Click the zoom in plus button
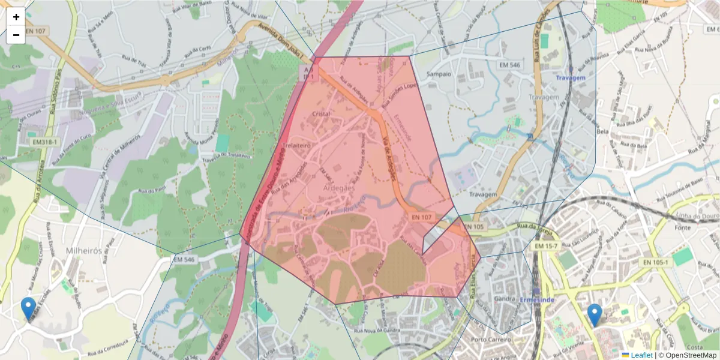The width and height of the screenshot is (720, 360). (x=16, y=17)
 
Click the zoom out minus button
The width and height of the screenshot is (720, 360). (x=16, y=35)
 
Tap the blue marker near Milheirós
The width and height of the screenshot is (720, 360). (x=28, y=308)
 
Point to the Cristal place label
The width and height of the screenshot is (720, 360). (x=322, y=113)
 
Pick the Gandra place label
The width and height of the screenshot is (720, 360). (x=505, y=298)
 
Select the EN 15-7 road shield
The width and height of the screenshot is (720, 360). (x=547, y=246)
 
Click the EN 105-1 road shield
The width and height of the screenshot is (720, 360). (x=656, y=262)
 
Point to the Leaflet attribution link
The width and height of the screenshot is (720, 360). (x=641, y=355)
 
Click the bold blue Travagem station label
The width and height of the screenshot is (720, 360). (x=570, y=79)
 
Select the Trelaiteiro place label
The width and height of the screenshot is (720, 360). (x=295, y=145)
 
